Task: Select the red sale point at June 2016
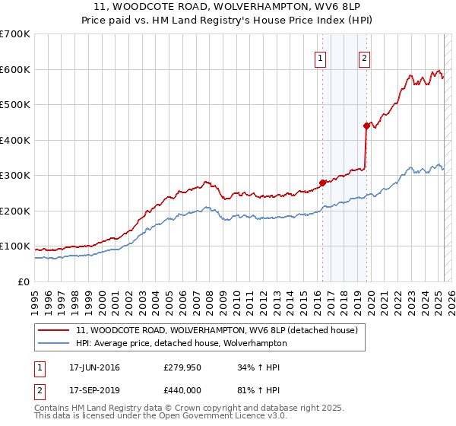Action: (322, 183)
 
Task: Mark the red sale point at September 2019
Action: (366, 126)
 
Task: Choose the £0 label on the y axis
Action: (24, 281)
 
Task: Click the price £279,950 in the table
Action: (182, 368)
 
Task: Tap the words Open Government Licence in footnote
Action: (195, 416)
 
